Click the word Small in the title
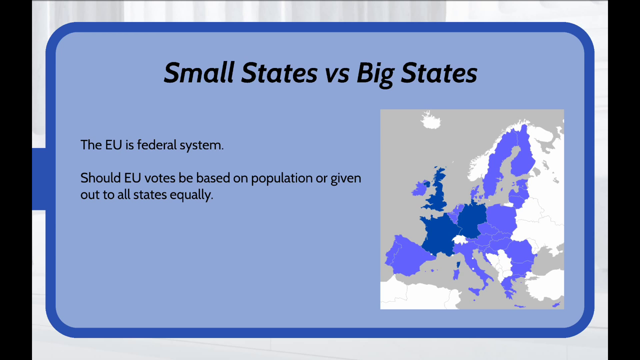(x=199, y=72)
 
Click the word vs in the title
(x=337, y=75)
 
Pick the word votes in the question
(x=159, y=178)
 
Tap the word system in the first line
(x=201, y=145)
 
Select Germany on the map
(x=472, y=220)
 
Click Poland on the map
(x=501, y=217)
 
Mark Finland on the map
(x=523, y=154)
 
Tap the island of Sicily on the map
(x=475, y=291)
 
